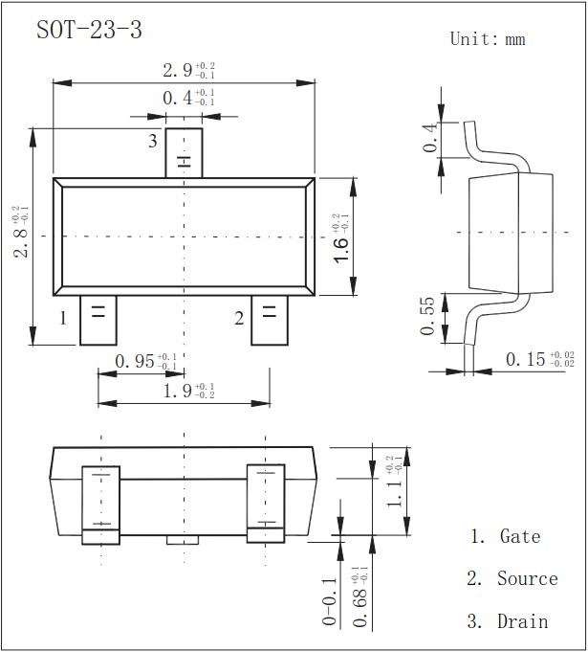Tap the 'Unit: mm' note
[488, 39]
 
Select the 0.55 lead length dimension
[427, 318]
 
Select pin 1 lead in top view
[98, 321]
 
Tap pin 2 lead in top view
[269, 321]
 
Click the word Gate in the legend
[520, 537]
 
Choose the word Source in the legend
[527, 579]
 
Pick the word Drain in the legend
[523, 621]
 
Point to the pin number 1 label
[63, 318]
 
